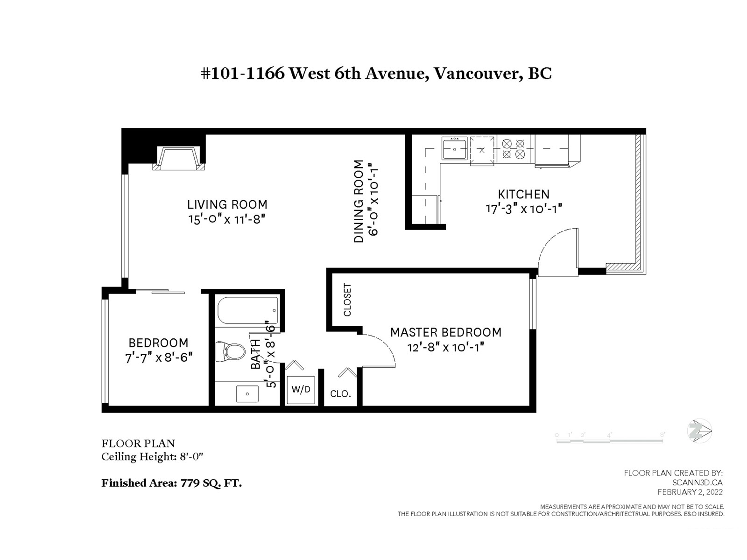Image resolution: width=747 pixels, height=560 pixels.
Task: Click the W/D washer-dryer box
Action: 301,390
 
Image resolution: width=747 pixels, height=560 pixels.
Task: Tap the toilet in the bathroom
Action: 230,351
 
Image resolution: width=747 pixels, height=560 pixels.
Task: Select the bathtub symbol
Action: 248,310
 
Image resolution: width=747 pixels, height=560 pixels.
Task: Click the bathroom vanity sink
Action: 247,394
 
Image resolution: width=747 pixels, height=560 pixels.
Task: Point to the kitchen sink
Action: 454,148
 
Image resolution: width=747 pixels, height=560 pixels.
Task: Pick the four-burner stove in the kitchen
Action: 514,149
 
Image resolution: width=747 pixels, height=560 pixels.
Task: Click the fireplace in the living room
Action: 178,159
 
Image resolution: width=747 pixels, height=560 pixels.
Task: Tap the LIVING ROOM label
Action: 227,204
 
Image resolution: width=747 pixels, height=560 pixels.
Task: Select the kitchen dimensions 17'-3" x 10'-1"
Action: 524,209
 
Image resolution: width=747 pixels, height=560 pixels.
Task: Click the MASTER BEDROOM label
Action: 446,332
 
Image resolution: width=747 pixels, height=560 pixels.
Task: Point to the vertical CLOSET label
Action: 347,300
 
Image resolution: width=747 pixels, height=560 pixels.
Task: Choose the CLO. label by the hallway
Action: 340,394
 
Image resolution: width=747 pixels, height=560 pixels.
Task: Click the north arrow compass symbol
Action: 699,431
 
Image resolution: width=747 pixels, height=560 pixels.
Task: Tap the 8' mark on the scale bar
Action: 662,434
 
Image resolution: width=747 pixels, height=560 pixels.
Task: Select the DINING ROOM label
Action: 359,201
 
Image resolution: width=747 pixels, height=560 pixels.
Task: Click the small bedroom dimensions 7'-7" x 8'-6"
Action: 159,357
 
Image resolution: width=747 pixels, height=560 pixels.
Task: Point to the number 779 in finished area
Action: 190,483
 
